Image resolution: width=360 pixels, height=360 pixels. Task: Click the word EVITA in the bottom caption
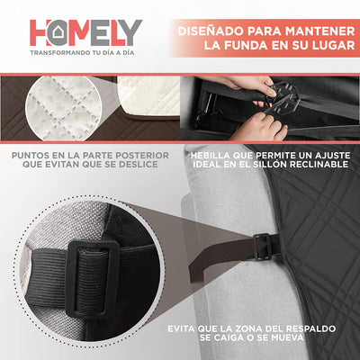tap(180, 328)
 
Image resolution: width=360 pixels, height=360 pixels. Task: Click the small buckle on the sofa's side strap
tap(263, 247)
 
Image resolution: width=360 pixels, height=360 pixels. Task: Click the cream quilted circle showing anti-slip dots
tap(64, 109)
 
